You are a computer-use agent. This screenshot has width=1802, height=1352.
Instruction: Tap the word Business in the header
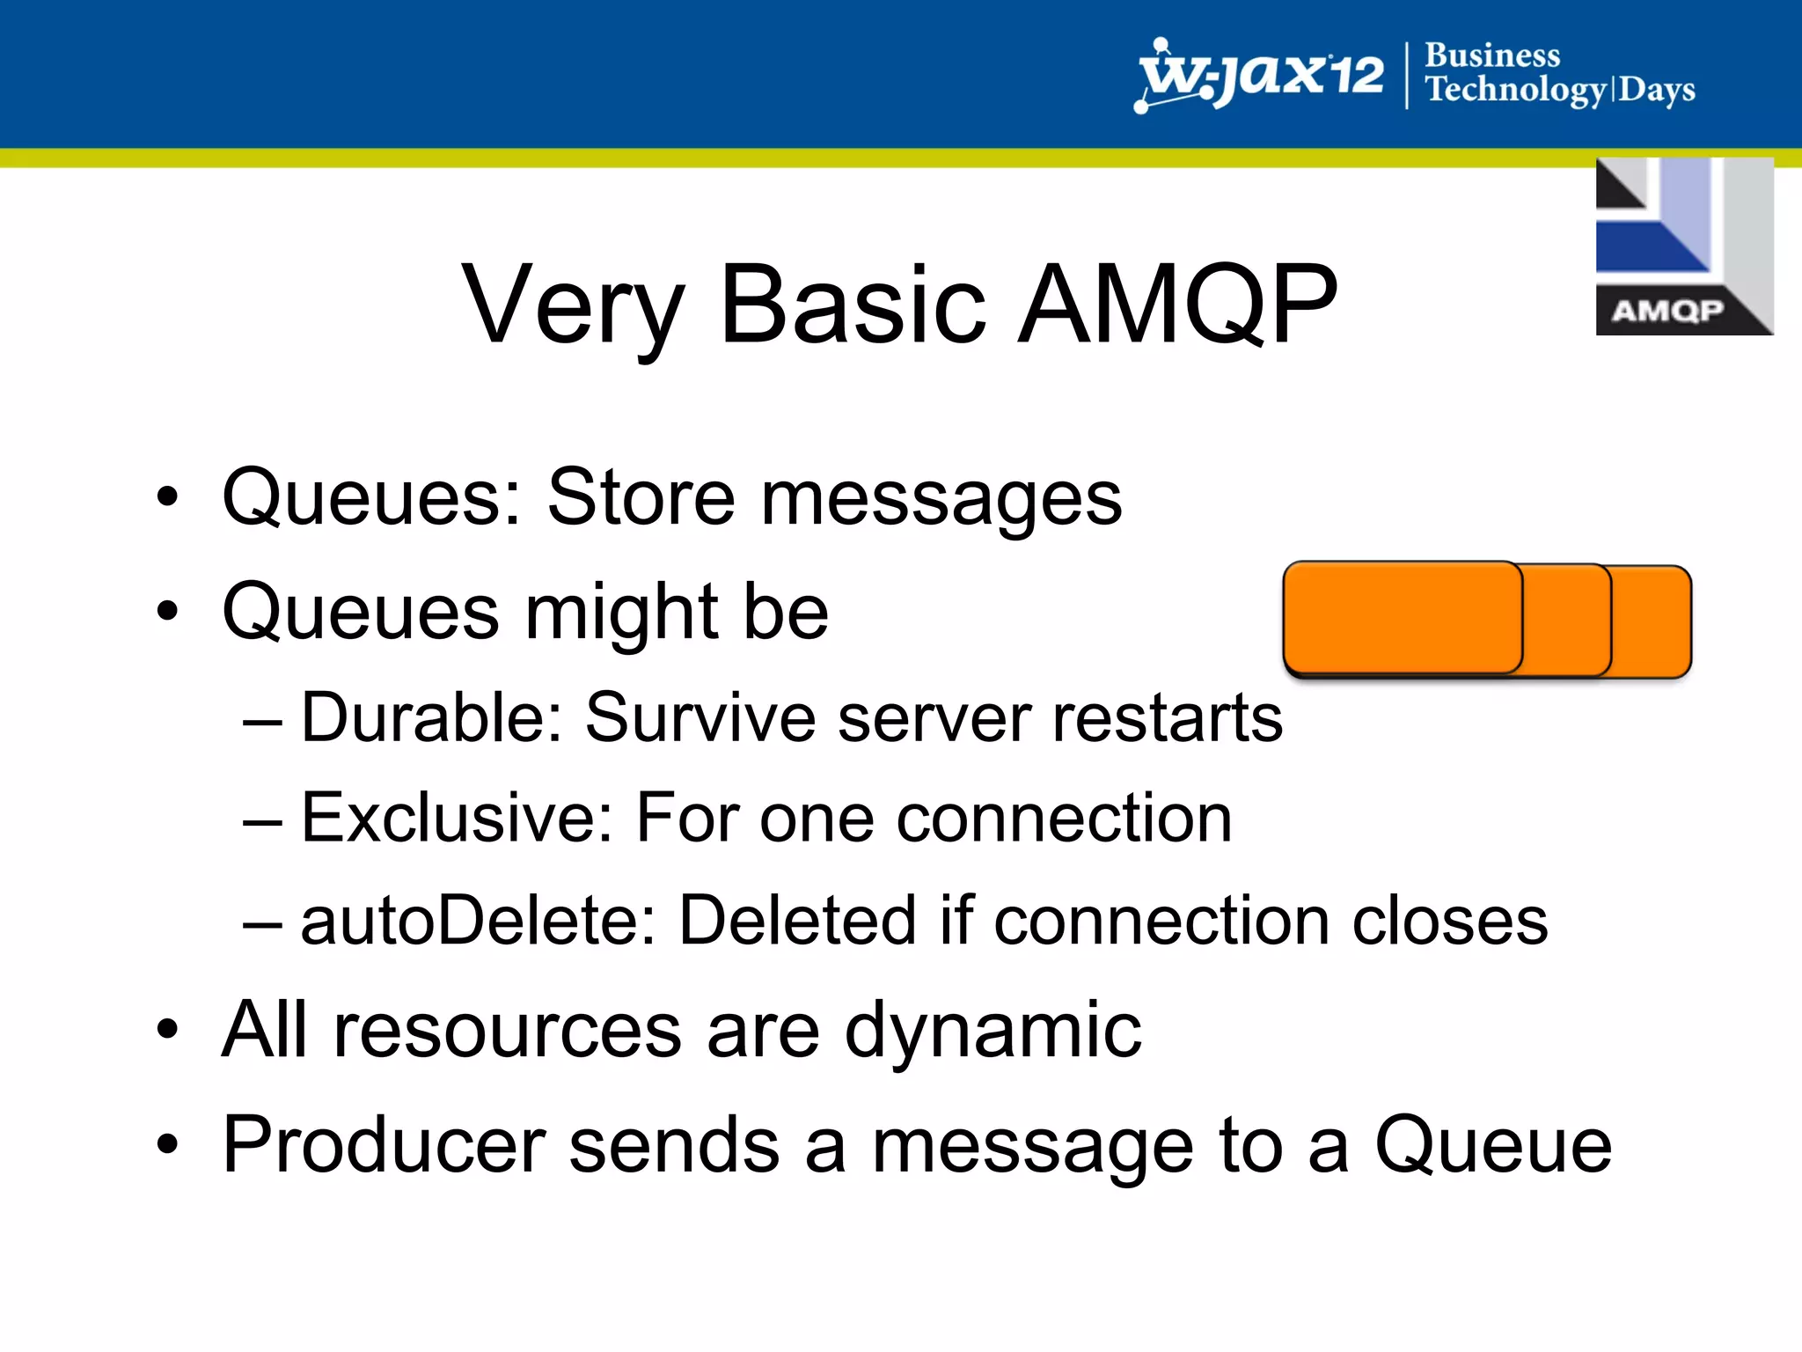[x=1492, y=55]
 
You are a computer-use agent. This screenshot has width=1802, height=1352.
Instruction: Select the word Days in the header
[x=1657, y=90]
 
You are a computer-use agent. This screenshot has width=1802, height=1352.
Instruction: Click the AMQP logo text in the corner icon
[x=1666, y=311]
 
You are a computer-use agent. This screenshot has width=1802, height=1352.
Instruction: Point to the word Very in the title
[x=573, y=305]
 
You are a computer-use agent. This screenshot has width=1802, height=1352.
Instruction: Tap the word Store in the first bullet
[x=640, y=497]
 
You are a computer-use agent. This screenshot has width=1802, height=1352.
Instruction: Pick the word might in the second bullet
[x=621, y=614]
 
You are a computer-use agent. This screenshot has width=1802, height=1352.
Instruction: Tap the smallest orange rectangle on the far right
[x=1652, y=621]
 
